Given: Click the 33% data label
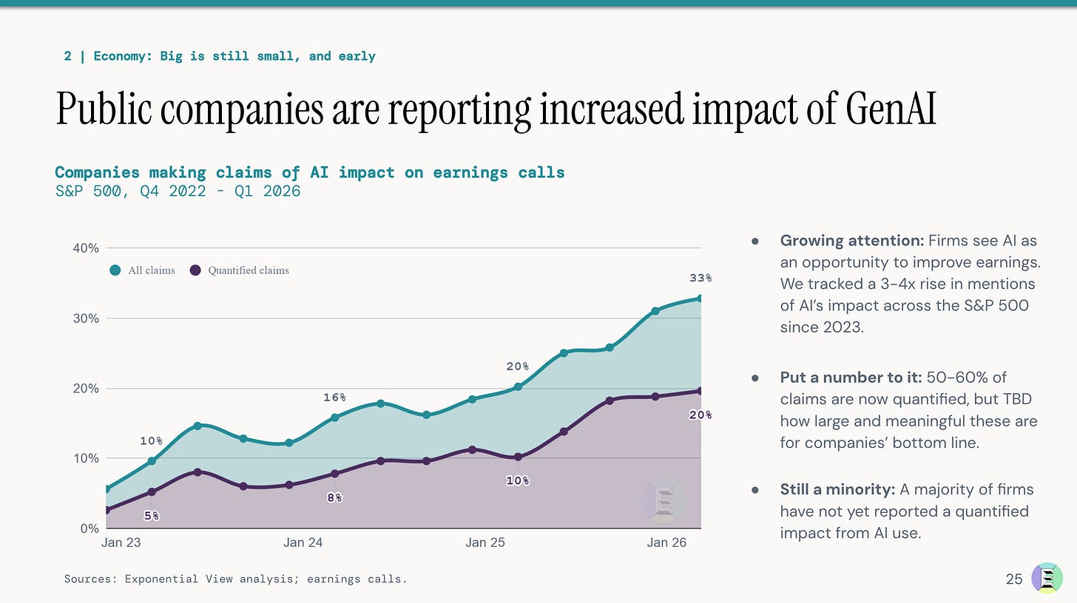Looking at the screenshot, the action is (x=700, y=278).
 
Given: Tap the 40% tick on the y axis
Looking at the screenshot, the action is (x=86, y=248).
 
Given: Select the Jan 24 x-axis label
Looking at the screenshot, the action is (x=303, y=542).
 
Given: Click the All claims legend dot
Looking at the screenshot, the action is (x=115, y=270).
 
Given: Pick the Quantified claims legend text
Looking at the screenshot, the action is (x=249, y=270).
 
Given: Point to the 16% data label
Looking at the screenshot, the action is (x=334, y=398).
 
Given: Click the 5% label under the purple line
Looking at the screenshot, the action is (x=152, y=516).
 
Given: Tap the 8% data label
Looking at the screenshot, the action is (x=334, y=498).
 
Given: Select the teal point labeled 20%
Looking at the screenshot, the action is (x=518, y=386).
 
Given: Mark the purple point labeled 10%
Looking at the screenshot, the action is (x=518, y=457).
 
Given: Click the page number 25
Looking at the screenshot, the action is (x=1014, y=579).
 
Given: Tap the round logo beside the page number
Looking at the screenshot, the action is (x=1047, y=578).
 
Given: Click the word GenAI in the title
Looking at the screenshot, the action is (x=891, y=109).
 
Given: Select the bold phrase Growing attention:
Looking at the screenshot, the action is (x=852, y=240).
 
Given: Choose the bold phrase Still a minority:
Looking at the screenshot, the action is (x=837, y=489).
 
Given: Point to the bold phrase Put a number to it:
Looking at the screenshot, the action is (x=851, y=377).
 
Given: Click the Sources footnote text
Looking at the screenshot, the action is (x=235, y=579).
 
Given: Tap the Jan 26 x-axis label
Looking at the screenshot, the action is (x=666, y=542).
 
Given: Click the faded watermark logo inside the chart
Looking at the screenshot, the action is (x=664, y=501).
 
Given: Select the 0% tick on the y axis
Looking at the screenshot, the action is (x=90, y=528).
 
